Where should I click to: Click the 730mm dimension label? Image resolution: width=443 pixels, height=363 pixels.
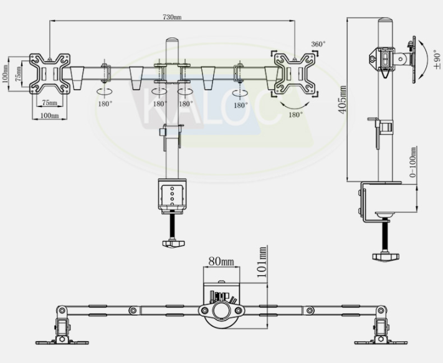(x=172, y=17)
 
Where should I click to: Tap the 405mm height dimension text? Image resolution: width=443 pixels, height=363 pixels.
(x=343, y=100)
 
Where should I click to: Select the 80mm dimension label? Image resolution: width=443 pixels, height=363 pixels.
(x=221, y=262)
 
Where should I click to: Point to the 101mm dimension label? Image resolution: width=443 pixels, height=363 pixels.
(x=262, y=262)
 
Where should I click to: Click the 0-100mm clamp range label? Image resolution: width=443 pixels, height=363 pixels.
(x=412, y=162)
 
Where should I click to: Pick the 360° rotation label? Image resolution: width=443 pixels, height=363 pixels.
(x=318, y=44)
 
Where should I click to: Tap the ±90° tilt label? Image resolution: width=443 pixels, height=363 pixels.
(x=437, y=59)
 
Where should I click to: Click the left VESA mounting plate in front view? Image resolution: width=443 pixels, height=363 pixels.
(x=50, y=73)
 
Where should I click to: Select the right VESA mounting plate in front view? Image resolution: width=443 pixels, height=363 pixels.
(x=295, y=74)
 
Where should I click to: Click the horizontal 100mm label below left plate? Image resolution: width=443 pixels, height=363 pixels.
(x=50, y=115)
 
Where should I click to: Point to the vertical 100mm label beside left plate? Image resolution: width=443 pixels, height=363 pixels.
(x=4, y=74)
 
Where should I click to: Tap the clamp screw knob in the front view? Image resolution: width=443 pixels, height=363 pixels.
(x=173, y=243)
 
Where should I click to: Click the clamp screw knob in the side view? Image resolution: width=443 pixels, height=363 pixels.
(x=385, y=257)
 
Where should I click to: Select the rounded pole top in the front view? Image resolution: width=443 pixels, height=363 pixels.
(x=171, y=41)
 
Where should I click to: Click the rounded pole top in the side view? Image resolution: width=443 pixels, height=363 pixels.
(x=385, y=21)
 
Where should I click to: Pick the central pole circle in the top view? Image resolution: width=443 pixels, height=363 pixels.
(x=222, y=311)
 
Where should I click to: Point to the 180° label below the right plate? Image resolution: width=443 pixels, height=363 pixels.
(x=295, y=115)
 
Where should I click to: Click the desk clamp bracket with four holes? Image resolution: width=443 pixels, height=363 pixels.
(x=173, y=195)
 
